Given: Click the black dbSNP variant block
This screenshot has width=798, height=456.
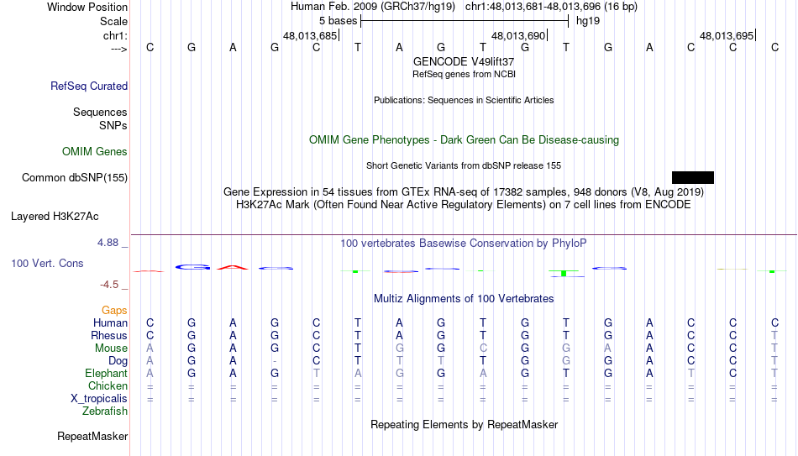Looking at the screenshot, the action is [693, 178].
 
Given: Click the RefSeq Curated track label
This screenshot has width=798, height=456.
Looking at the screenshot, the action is [89, 86].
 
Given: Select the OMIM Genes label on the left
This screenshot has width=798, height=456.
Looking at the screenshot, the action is [95, 152].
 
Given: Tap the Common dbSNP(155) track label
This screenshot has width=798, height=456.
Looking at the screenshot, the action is [75, 178].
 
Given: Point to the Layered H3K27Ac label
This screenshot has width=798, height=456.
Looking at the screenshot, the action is [55, 217].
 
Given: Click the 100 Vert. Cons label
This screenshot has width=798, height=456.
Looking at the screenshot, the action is [47, 263].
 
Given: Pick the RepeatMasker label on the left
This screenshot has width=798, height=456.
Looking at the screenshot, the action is [92, 436].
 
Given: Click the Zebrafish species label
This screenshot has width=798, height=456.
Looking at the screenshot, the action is [105, 411].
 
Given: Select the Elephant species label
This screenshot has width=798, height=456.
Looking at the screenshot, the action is [106, 374].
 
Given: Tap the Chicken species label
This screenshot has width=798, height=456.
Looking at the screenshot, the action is [108, 385].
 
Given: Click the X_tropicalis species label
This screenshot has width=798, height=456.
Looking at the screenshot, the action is [99, 399].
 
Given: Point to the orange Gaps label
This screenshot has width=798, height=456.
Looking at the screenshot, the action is [114, 311].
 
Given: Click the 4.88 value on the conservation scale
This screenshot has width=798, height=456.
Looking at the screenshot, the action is [108, 243].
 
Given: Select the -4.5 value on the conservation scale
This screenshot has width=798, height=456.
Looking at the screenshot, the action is [109, 285].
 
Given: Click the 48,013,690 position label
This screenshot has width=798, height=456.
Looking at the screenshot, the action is [518, 35].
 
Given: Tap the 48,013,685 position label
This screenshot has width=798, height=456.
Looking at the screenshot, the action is [310, 35].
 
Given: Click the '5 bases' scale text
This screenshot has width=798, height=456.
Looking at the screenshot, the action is [338, 21].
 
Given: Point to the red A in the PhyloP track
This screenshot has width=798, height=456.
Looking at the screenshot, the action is [233, 267].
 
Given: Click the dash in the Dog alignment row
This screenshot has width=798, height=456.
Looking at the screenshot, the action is [275, 361].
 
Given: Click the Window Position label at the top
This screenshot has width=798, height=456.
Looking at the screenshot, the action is [87, 7].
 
